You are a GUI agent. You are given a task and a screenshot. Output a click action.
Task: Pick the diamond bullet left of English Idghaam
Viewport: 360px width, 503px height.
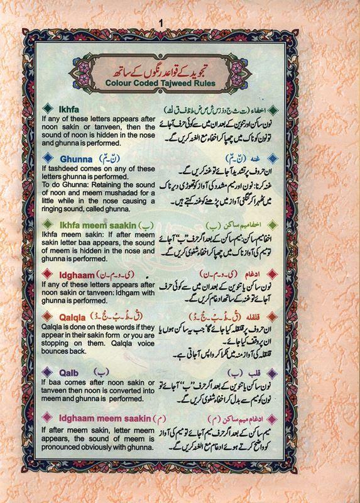tap(45, 275)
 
